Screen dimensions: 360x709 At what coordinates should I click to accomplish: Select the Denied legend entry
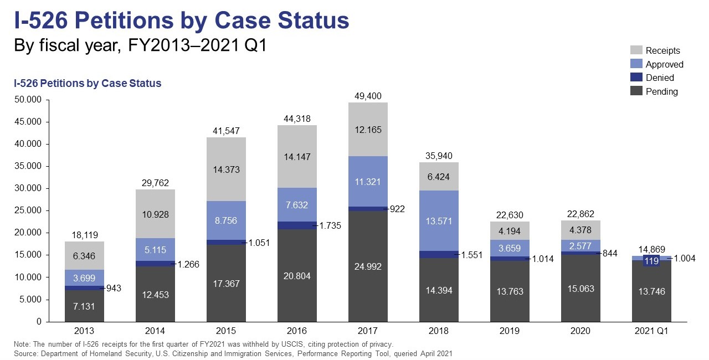(x=660, y=78)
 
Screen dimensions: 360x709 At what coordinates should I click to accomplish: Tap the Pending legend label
(x=661, y=91)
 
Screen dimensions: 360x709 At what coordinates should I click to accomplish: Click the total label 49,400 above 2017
(x=368, y=96)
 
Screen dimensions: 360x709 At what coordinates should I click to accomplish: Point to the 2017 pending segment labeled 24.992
(x=368, y=266)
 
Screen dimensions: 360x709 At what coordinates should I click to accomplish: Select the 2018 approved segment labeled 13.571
(x=439, y=221)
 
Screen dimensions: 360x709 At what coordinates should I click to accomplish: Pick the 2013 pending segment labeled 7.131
(x=84, y=306)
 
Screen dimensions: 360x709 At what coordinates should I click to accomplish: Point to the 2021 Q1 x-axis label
(x=651, y=331)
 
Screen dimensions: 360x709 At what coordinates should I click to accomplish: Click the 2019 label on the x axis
(x=510, y=331)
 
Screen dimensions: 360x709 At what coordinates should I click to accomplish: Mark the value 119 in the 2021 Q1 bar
(x=651, y=261)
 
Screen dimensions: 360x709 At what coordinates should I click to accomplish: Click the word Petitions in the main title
(x=138, y=20)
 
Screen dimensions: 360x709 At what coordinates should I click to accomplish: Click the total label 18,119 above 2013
(x=84, y=235)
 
